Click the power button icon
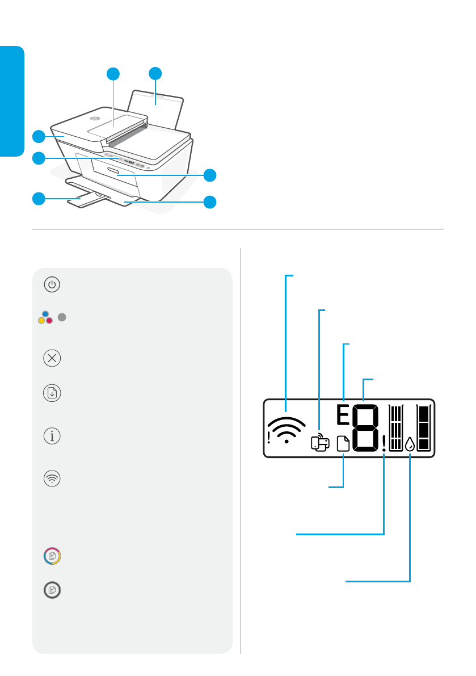[x=52, y=285]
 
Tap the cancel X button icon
[x=52, y=359]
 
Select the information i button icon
[x=52, y=436]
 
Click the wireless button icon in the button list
[x=52, y=478]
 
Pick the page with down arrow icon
[x=52, y=393]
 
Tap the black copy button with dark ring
[x=52, y=590]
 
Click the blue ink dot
[x=45, y=314]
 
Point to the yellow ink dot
[x=41, y=321]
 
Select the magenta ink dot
[x=49, y=321]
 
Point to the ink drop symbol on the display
[x=410, y=443]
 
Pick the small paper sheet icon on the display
[x=344, y=444]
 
